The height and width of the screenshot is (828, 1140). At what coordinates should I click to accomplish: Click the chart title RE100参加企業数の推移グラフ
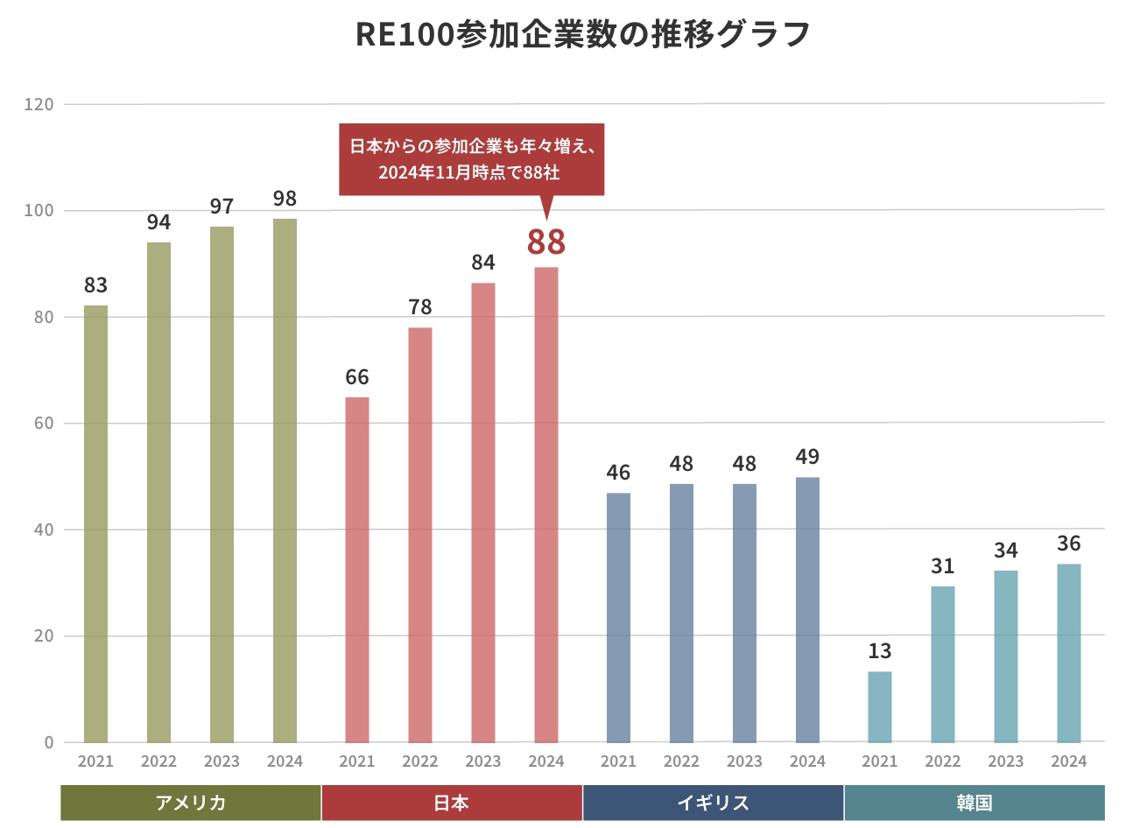583,34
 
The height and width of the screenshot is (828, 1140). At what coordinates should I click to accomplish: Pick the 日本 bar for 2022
420,534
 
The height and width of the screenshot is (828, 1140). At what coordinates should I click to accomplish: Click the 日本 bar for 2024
546,504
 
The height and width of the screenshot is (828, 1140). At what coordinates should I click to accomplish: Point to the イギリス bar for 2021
618,617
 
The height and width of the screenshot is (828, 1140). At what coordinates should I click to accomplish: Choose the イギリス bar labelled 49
807,609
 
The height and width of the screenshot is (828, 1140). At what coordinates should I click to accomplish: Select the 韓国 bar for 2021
880,706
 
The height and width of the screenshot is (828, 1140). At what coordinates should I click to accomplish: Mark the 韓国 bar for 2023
1006,656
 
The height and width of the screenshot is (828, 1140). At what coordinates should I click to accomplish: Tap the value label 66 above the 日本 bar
357,377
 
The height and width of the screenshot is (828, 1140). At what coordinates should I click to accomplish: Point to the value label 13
880,651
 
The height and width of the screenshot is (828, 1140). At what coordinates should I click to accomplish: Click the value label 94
158,222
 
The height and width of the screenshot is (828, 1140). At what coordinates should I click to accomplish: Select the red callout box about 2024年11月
471,158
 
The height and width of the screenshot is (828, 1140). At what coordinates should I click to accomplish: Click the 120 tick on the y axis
39,104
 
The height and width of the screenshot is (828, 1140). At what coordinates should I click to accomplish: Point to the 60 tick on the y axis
44,424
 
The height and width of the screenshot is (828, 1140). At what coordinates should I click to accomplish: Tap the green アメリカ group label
191,803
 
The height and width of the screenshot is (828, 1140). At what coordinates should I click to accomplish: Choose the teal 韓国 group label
975,803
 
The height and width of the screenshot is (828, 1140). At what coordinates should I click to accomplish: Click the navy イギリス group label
714,803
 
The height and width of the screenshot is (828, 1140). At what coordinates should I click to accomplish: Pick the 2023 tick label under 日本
483,761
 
